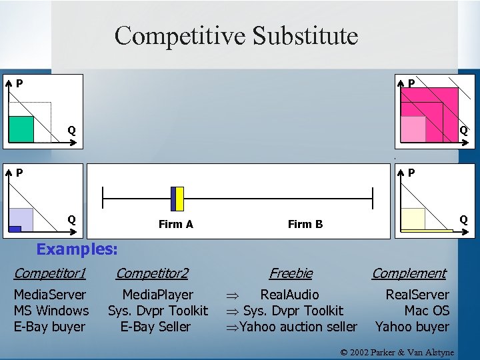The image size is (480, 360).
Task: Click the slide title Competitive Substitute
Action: (236, 35)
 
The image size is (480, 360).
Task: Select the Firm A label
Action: (176, 224)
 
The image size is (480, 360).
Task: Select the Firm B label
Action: (305, 224)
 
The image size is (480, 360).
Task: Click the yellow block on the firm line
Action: (179, 199)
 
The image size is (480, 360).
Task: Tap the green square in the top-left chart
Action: (21, 129)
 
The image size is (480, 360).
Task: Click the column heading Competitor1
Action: (50, 273)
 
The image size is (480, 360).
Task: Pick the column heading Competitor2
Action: (152, 273)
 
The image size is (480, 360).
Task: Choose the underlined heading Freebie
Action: (291, 273)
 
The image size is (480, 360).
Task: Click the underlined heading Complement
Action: (409, 273)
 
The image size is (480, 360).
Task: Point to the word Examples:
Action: (77, 249)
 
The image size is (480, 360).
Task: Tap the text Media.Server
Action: (50, 294)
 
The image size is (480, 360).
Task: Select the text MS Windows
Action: (51, 310)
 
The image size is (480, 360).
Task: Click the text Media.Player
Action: (158, 294)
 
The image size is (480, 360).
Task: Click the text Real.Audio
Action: (289, 294)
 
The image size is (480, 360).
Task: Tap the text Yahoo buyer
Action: (412, 327)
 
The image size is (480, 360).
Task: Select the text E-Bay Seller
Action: (155, 327)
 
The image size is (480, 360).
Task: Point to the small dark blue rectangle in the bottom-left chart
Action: (15, 229)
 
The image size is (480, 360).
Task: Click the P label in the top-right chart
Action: (411, 83)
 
